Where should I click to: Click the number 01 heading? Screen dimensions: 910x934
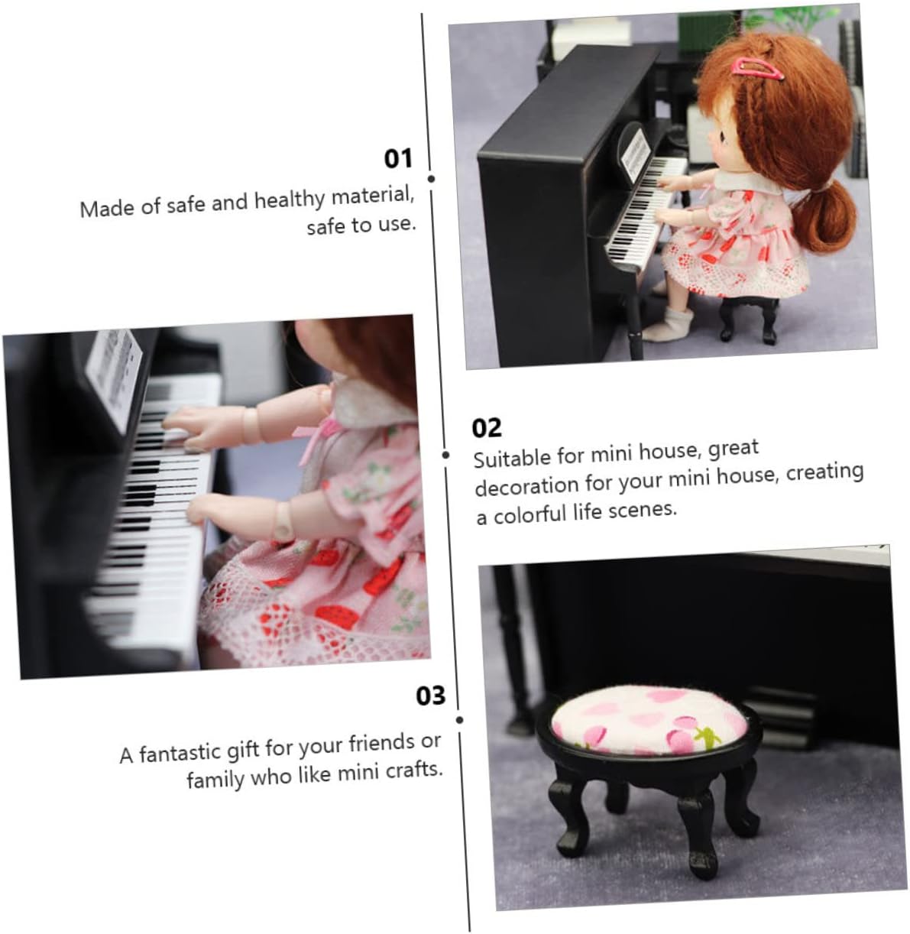pyautogui.click(x=397, y=158)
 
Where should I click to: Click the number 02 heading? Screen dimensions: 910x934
pyautogui.click(x=487, y=428)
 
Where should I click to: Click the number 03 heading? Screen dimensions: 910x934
pyautogui.click(x=430, y=696)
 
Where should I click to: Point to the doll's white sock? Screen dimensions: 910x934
pyautogui.click(x=669, y=326)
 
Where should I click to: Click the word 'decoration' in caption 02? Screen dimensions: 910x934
pyautogui.click(x=526, y=485)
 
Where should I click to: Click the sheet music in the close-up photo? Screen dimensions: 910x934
pyautogui.click(x=114, y=377)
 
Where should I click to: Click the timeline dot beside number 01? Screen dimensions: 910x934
pyautogui.click(x=431, y=179)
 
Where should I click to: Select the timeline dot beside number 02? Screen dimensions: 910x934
pyautogui.click(x=445, y=454)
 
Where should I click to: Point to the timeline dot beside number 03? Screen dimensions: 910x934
pyautogui.click(x=459, y=719)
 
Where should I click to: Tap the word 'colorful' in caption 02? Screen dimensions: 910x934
pyautogui.click(x=530, y=514)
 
